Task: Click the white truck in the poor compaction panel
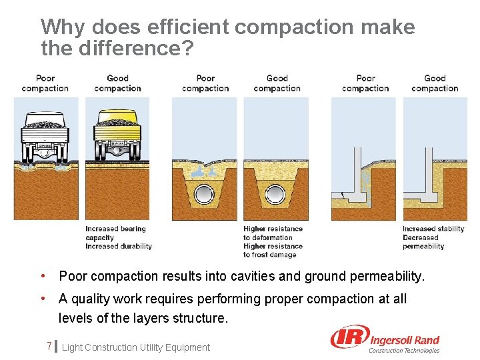pyautogui.click(x=45, y=137)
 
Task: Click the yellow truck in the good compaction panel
pyautogui.click(x=117, y=135)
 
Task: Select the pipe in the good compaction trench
pyautogui.click(x=275, y=194)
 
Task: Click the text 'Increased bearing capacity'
pyautogui.click(x=115, y=233)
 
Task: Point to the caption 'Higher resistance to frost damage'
pyautogui.click(x=273, y=251)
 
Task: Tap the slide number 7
pyautogui.click(x=49, y=346)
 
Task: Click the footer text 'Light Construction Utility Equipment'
pyautogui.click(x=135, y=347)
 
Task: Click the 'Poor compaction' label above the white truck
pyautogui.click(x=45, y=83)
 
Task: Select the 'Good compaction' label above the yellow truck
pyautogui.click(x=117, y=83)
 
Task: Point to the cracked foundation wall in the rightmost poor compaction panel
pyautogui.click(x=360, y=177)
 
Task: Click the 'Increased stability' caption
pyautogui.click(x=433, y=229)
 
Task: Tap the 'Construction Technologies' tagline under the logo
pyautogui.click(x=405, y=351)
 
